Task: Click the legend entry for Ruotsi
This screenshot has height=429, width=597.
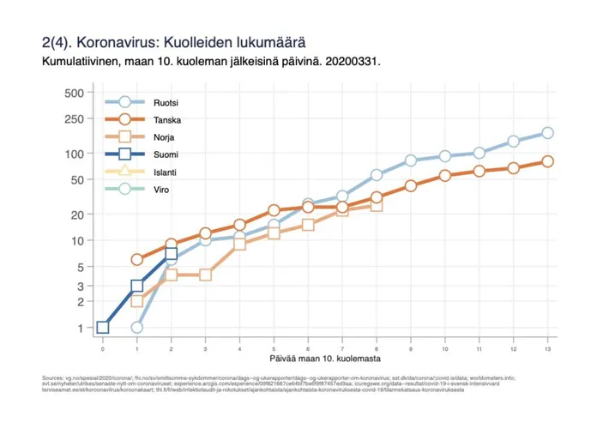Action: coord(160,103)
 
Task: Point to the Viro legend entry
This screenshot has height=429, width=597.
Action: coord(157,189)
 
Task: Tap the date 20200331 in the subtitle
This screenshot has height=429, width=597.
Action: coord(353,62)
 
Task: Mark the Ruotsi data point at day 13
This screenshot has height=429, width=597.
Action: coord(547,133)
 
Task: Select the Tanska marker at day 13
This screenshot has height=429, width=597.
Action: coord(547,161)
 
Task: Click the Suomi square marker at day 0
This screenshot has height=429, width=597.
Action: coord(103,327)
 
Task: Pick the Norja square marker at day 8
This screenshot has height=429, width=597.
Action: coord(377,205)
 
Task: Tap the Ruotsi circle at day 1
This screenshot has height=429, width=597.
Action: coord(137,327)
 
